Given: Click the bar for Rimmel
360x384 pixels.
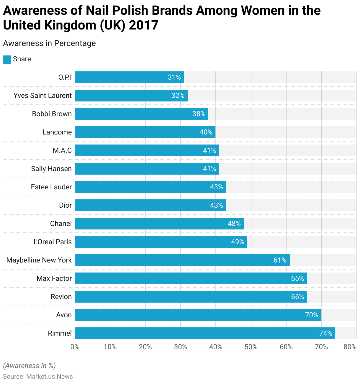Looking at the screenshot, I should coord(205,333).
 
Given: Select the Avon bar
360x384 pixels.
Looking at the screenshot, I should coord(198,315).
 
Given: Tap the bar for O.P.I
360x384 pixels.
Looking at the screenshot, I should coord(130,77).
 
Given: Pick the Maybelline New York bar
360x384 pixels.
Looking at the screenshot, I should coord(182,260).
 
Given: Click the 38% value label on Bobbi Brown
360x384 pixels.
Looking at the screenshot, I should coord(199,114).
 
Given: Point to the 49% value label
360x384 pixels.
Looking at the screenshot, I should coord(238,242).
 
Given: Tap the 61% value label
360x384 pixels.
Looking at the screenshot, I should coord(280,260).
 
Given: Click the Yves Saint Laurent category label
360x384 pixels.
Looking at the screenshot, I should coord(42,96).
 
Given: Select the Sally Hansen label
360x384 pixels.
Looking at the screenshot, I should coord(51,169).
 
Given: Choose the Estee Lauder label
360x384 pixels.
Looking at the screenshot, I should coord(51,187).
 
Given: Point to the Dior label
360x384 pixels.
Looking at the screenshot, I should coord(65,205).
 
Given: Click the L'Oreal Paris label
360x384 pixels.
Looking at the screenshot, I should coord(53,242).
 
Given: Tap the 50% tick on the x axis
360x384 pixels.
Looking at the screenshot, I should coord(251,347).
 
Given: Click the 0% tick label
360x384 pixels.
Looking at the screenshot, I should coord(75,347).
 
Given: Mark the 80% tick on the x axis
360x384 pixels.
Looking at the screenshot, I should coord(350,347).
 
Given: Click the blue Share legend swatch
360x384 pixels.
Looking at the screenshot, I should coord(7,59).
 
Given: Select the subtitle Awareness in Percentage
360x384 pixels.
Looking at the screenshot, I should coord(49,43).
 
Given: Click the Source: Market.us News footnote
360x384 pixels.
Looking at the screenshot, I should coord(38,377).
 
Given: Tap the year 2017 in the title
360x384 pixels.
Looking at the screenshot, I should coord(143,25).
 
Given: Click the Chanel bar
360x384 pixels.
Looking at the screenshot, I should coord(159,224).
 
